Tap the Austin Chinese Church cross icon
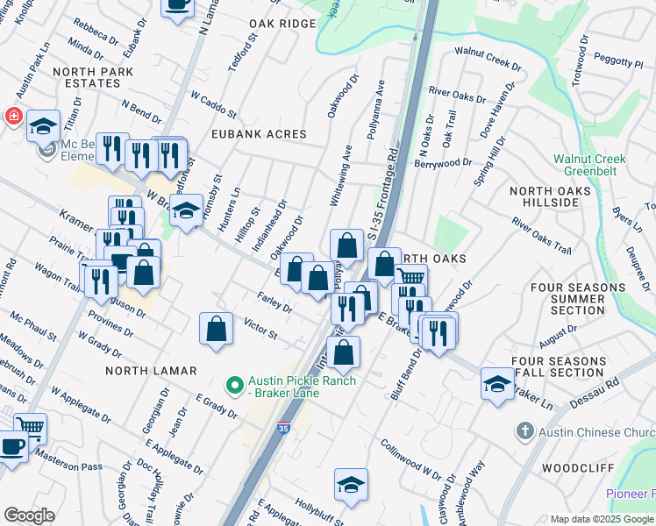[x=524, y=430]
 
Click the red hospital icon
[x=13, y=117]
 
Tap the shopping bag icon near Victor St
[x=216, y=329]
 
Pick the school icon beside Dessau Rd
[x=497, y=384]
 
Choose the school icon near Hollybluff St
[x=351, y=485]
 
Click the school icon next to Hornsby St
[x=186, y=211]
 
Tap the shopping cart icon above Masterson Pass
[x=30, y=428]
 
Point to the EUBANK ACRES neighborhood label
[x=259, y=134]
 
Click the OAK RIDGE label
[x=282, y=24]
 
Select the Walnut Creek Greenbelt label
[x=589, y=165]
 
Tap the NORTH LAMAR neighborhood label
[x=151, y=371]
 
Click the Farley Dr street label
[x=275, y=303]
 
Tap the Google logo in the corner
[x=29, y=515]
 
